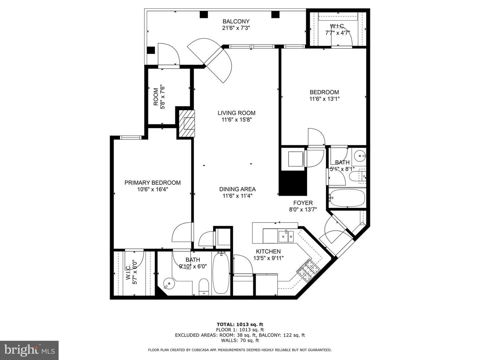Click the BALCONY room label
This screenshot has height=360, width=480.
coord(236,21)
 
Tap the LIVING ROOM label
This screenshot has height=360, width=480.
coord(236,113)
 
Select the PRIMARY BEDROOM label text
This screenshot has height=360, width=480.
coord(153,183)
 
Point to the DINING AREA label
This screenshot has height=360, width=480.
coord(237,189)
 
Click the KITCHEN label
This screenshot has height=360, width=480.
coord(268,251)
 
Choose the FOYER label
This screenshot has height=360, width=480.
coord(303,203)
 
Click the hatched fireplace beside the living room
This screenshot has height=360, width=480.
coord(187,123)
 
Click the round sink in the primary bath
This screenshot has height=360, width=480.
coord(168,283)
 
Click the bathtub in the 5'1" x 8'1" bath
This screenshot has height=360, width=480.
coord(347,198)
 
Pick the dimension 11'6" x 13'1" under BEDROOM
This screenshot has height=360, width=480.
coord(324,99)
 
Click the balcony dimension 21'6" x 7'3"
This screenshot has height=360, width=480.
coord(236,28)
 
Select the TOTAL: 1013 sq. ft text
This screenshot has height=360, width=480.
coord(240,325)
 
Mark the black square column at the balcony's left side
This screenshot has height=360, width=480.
coord(151,50)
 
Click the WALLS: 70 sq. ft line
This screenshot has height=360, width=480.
coord(240,340)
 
